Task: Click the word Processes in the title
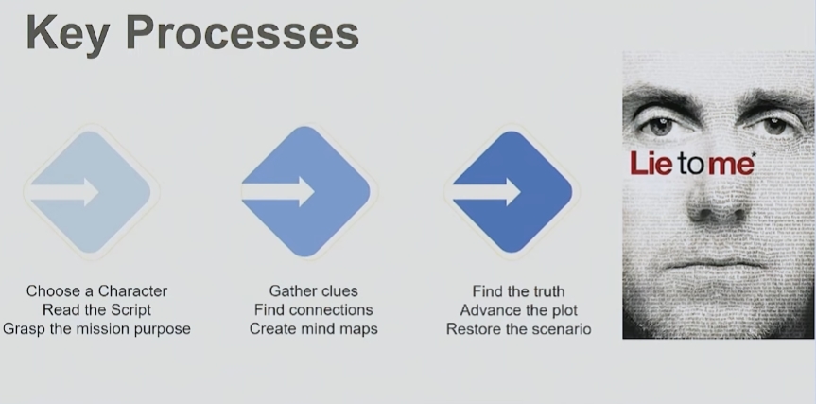[x=242, y=32]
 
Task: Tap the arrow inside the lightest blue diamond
[x=64, y=191]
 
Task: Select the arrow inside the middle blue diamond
[x=278, y=191]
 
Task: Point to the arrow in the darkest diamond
[x=487, y=191]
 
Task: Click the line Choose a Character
[x=96, y=291]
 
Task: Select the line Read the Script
[x=96, y=309]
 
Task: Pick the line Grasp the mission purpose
[x=96, y=329]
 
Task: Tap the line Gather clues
[x=313, y=291]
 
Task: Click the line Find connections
[x=313, y=309]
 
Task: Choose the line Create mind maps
[x=313, y=329]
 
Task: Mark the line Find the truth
[x=518, y=291]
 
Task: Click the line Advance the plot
[x=518, y=310]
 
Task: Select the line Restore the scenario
[x=518, y=329]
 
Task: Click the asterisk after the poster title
[x=754, y=154]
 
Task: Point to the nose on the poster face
[x=717, y=201]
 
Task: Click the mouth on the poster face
[x=717, y=264]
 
